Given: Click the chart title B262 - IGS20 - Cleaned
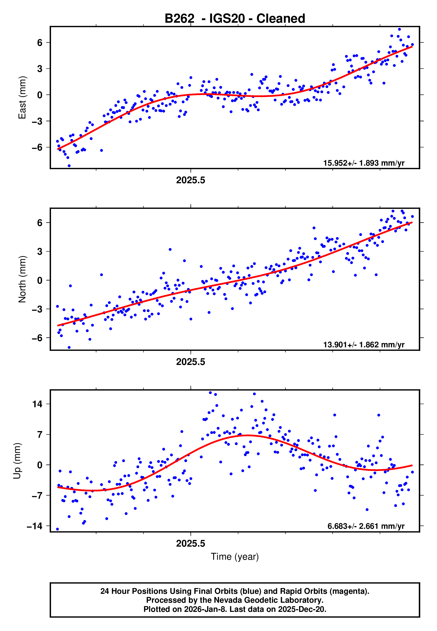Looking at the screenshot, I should point(235,19).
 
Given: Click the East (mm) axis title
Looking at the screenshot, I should point(22,98).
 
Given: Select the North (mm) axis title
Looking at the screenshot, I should point(22,279).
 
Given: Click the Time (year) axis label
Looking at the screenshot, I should point(235,557).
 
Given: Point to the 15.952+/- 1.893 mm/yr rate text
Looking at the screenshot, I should point(364,163).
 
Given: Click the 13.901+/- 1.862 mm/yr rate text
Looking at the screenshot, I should point(364,344).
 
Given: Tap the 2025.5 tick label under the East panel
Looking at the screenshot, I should point(191,180).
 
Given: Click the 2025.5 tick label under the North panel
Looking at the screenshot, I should point(191,362).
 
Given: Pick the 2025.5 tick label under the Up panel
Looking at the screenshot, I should point(191,543).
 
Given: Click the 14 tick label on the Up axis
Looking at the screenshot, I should point(37,404).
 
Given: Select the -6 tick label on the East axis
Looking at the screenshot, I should point(37,147).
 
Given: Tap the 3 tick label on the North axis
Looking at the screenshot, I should point(40,251).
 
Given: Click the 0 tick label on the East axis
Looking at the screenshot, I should point(40,95).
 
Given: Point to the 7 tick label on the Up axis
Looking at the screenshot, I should point(40,435).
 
